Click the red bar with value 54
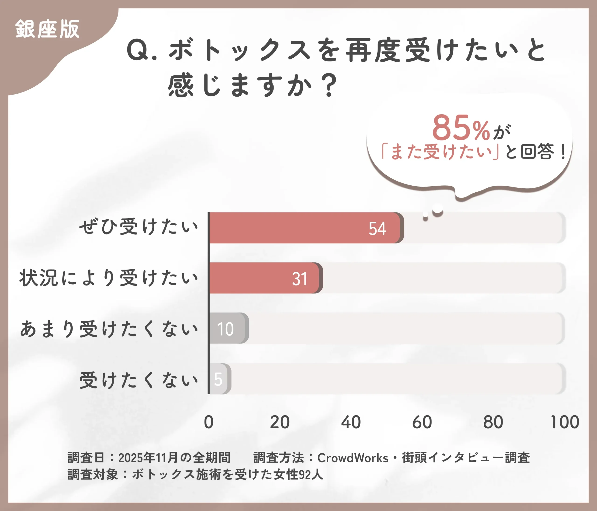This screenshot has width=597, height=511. click(x=305, y=228)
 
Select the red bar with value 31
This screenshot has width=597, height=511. click(x=265, y=278)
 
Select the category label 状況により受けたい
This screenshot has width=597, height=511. click(x=109, y=278)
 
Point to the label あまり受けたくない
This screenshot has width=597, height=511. click(x=109, y=329)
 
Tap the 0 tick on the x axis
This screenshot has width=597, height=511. click(x=209, y=422)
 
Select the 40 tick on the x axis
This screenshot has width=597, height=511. click(x=351, y=422)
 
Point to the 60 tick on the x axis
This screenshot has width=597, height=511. click(x=422, y=422)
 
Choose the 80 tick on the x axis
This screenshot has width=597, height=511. click(x=493, y=422)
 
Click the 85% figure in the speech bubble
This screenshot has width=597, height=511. click(x=461, y=128)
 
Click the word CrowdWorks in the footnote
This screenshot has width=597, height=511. click(x=353, y=458)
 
